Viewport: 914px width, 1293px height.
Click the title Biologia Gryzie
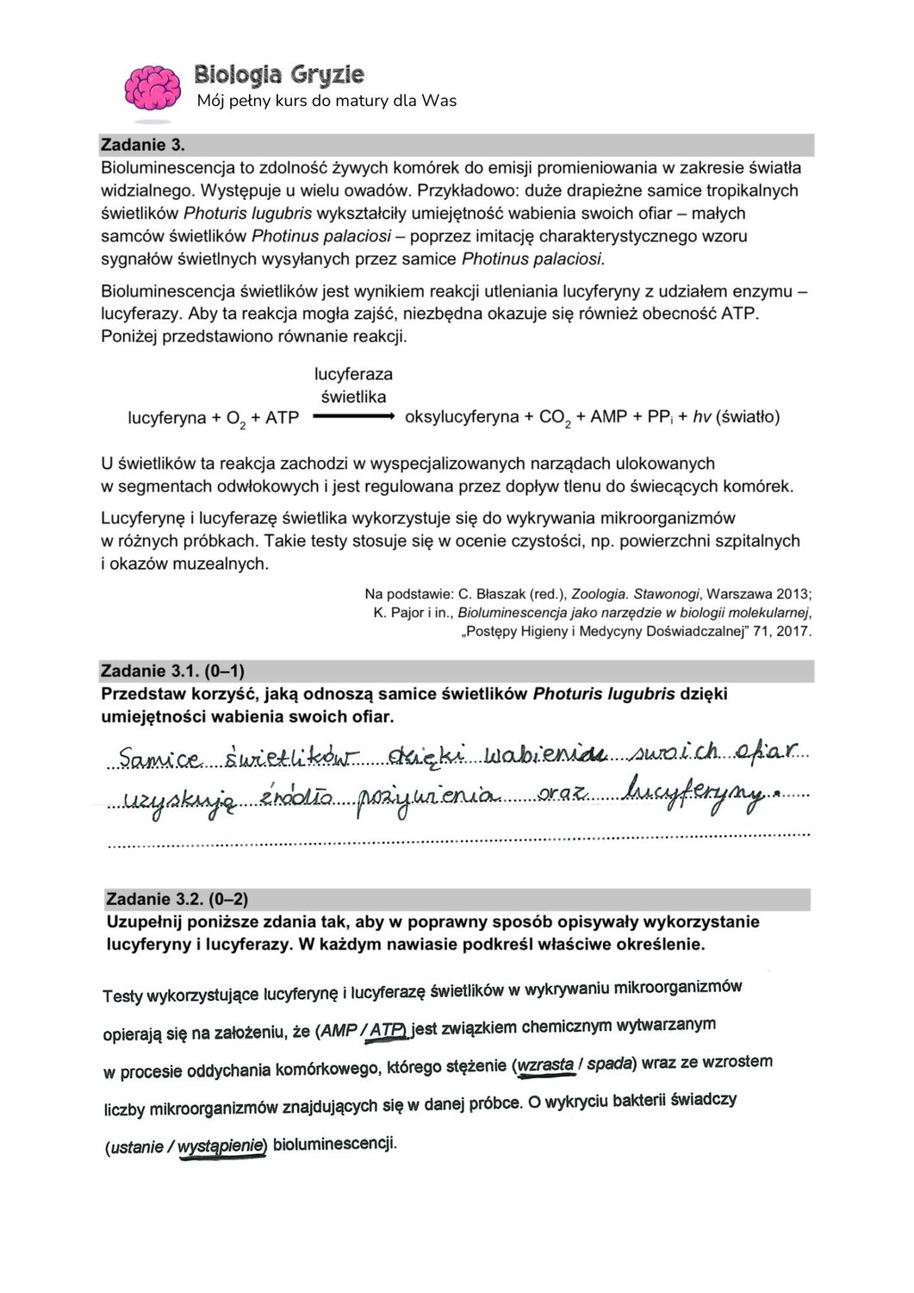coord(278,75)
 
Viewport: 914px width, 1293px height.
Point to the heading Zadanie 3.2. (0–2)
coord(177,900)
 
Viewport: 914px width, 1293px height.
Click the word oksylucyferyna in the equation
coord(461,417)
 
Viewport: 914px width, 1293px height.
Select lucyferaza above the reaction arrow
coord(353,374)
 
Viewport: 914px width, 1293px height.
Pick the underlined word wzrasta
coord(545,1065)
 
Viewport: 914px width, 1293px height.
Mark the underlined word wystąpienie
coord(221,1146)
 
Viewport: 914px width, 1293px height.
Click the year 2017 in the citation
coord(793,632)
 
